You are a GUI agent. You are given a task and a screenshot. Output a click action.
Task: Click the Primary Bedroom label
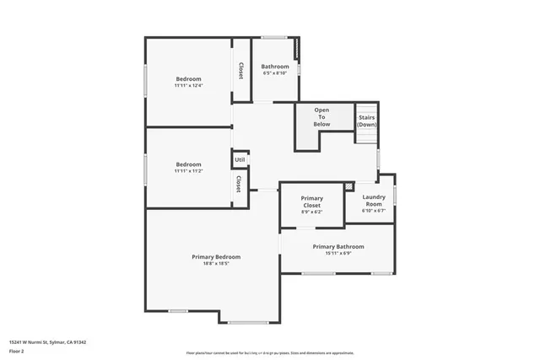click(216, 256)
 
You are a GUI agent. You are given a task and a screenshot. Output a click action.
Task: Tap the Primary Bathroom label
click(338, 246)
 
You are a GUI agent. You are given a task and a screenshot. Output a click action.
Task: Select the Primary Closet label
click(312, 201)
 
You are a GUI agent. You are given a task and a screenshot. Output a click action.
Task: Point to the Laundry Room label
click(373, 201)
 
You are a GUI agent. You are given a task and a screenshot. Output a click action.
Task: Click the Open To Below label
click(321, 116)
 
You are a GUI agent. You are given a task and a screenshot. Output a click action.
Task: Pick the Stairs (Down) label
click(366, 121)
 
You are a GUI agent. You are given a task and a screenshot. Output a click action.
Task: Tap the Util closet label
click(240, 159)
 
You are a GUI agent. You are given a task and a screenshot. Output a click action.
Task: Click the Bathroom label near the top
click(275, 67)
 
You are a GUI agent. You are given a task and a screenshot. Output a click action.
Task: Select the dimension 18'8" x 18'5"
click(216, 264)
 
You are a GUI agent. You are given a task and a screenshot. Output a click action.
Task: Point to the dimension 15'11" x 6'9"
click(338, 254)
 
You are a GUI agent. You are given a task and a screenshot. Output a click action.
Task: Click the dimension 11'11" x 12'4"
click(188, 85)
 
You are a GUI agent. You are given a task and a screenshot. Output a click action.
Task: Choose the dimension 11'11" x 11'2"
click(188, 171)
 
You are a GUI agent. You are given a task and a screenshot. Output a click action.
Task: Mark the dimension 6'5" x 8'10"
click(275, 73)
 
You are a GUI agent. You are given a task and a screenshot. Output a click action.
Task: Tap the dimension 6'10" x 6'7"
click(373, 211)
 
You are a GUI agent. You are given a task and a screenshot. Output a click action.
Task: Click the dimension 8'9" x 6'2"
click(312, 212)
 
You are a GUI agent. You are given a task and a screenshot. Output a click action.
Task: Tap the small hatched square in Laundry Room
click(348, 186)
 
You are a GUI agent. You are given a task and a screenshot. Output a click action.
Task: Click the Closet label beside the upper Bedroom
click(241, 71)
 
